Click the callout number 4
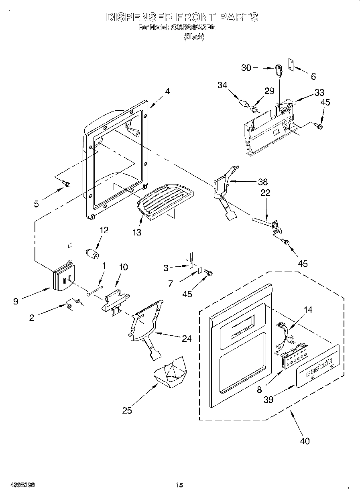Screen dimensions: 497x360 [x=167, y=91]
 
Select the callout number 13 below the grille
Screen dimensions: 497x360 [x=137, y=232]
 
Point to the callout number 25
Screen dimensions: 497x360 [x=127, y=410]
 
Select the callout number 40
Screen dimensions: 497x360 [x=305, y=441]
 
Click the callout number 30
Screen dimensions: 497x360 [x=246, y=68]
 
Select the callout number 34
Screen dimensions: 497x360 [x=222, y=85]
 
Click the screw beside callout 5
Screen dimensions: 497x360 [x=66, y=184]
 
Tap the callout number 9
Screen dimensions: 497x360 [x=16, y=301]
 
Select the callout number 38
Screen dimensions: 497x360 [x=263, y=181]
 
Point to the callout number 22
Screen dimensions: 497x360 [x=265, y=193]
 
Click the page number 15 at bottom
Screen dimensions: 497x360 [x=179, y=485]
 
